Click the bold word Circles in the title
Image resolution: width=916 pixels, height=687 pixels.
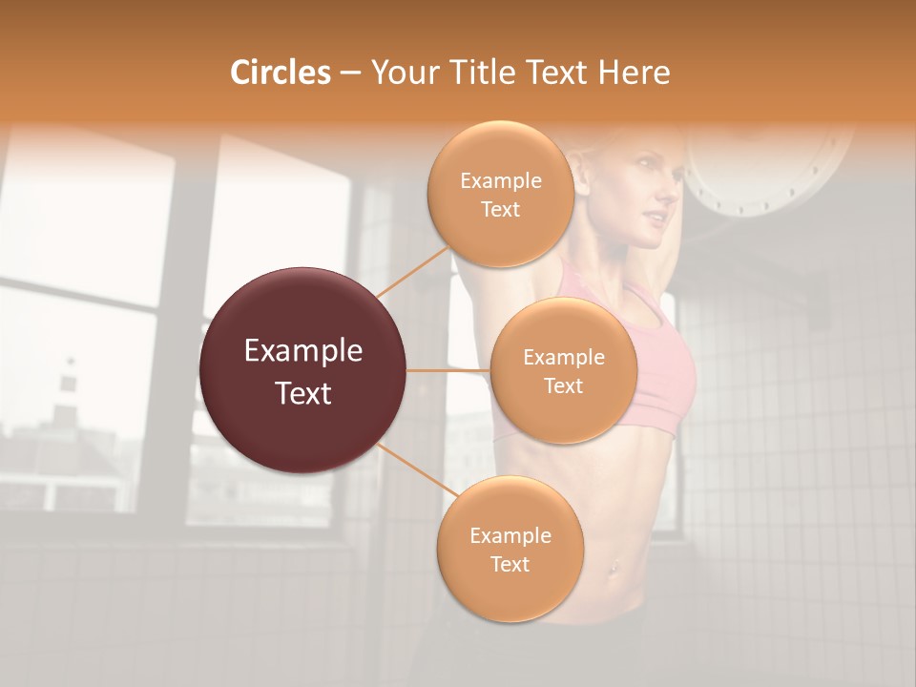(280, 73)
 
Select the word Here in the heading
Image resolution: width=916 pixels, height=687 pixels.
(635, 73)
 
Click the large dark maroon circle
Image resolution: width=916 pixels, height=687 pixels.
(303, 370)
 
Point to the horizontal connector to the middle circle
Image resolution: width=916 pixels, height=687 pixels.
(448, 370)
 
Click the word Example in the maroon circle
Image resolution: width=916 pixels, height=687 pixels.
(303, 351)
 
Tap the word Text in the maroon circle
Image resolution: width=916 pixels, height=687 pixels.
(303, 393)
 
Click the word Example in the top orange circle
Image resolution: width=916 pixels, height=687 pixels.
(500, 180)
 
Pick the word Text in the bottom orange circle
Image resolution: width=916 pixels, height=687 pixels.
(510, 564)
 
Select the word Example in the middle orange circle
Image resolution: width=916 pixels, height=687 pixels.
(563, 357)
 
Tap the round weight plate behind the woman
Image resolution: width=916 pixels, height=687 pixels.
(763, 172)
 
